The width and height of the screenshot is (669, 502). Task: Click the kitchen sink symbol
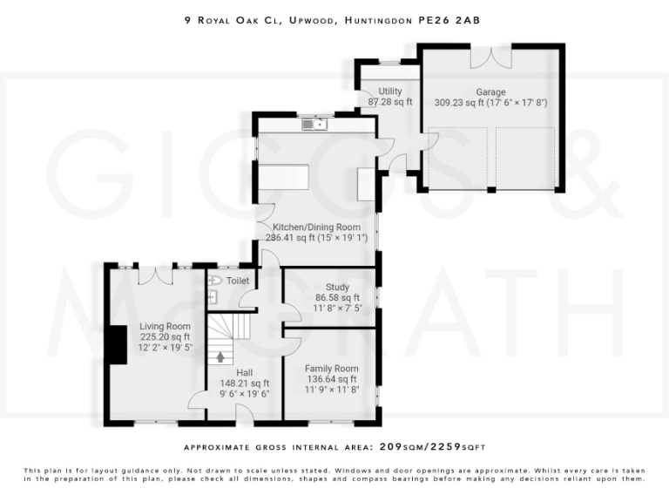[314, 125]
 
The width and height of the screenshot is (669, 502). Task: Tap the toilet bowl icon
[213, 281]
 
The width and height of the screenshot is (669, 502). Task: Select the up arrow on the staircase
[221, 356]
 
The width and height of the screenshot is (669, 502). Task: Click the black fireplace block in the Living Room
[111, 343]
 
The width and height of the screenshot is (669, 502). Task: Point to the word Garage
[490, 92]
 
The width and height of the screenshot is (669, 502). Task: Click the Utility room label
[390, 92]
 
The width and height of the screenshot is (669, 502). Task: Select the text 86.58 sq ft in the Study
[337, 297]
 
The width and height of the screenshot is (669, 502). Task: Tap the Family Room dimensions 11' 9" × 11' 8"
[332, 390]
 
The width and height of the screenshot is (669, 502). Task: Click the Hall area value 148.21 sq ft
[245, 383]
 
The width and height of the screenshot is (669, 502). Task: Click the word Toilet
[238, 281]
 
